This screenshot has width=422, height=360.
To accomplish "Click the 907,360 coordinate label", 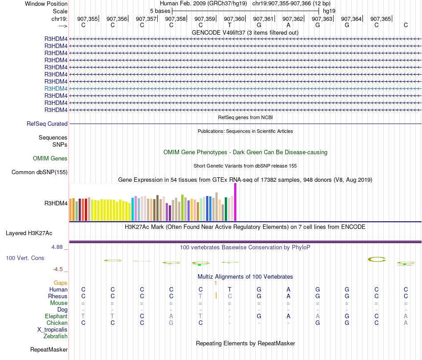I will click(x=234, y=19).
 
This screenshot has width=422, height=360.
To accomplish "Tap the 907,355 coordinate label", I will click(x=88, y=19).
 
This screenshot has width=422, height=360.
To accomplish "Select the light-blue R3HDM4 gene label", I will click(x=56, y=88).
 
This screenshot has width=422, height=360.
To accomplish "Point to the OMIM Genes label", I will click(x=50, y=158).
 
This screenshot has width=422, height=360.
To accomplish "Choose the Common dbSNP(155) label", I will click(x=40, y=172).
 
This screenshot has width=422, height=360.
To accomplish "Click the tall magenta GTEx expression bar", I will click(x=235, y=202).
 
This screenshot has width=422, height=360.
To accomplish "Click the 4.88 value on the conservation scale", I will click(x=58, y=247).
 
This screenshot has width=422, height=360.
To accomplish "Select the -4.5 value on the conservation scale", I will click(x=59, y=269).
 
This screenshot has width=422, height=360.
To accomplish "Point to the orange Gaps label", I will click(x=60, y=283).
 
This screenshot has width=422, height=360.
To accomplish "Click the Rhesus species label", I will click(x=58, y=296).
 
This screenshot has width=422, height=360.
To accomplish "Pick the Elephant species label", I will click(x=56, y=316).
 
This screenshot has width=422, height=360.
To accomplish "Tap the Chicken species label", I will click(x=57, y=323).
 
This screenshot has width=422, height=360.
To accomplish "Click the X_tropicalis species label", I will click(x=52, y=329).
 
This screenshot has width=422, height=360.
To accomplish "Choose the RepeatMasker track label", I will click(x=49, y=350).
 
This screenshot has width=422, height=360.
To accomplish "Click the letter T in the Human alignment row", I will click(x=230, y=289).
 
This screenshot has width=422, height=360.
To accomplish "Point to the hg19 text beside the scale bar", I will click(x=329, y=11).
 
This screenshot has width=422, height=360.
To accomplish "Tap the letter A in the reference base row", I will click(x=288, y=25).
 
